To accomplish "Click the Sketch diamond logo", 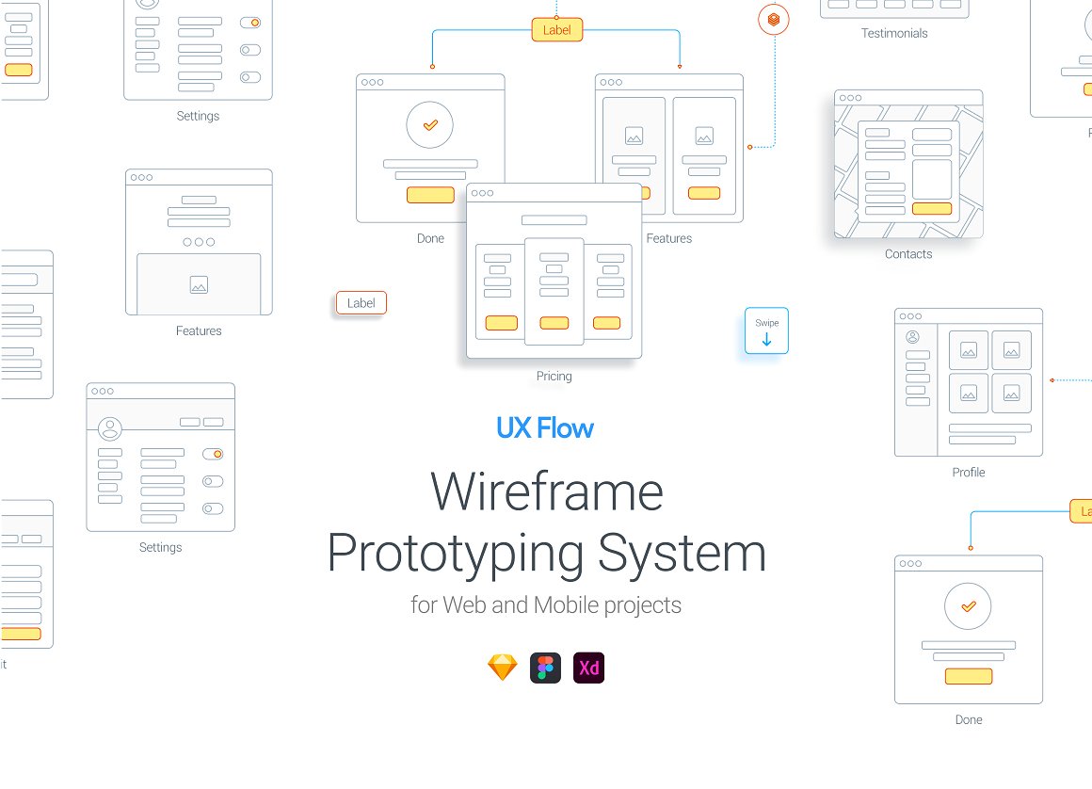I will (x=503, y=668).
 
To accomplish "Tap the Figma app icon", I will (x=546, y=668).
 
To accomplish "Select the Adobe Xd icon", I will (x=589, y=668).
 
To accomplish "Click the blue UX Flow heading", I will (x=545, y=428).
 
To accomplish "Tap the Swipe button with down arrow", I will (x=766, y=330).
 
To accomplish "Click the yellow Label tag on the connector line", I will (x=556, y=30).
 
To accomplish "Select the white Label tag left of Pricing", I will (x=361, y=303).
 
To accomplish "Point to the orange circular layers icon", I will (x=774, y=19).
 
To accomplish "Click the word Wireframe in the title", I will (x=546, y=491).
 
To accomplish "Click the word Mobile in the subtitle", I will (x=566, y=604).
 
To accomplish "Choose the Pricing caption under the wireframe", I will (x=554, y=377).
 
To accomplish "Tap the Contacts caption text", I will (x=908, y=254).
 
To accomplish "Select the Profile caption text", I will (x=968, y=473).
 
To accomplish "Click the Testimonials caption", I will (x=894, y=34).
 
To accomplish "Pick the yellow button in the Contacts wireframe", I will (x=932, y=208).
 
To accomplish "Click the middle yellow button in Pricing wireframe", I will (x=554, y=323).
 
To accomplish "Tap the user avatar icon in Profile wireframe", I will (x=911, y=337).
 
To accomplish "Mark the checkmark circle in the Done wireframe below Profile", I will (x=968, y=606).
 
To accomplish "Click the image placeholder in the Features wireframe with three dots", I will (x=199, y=284).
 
